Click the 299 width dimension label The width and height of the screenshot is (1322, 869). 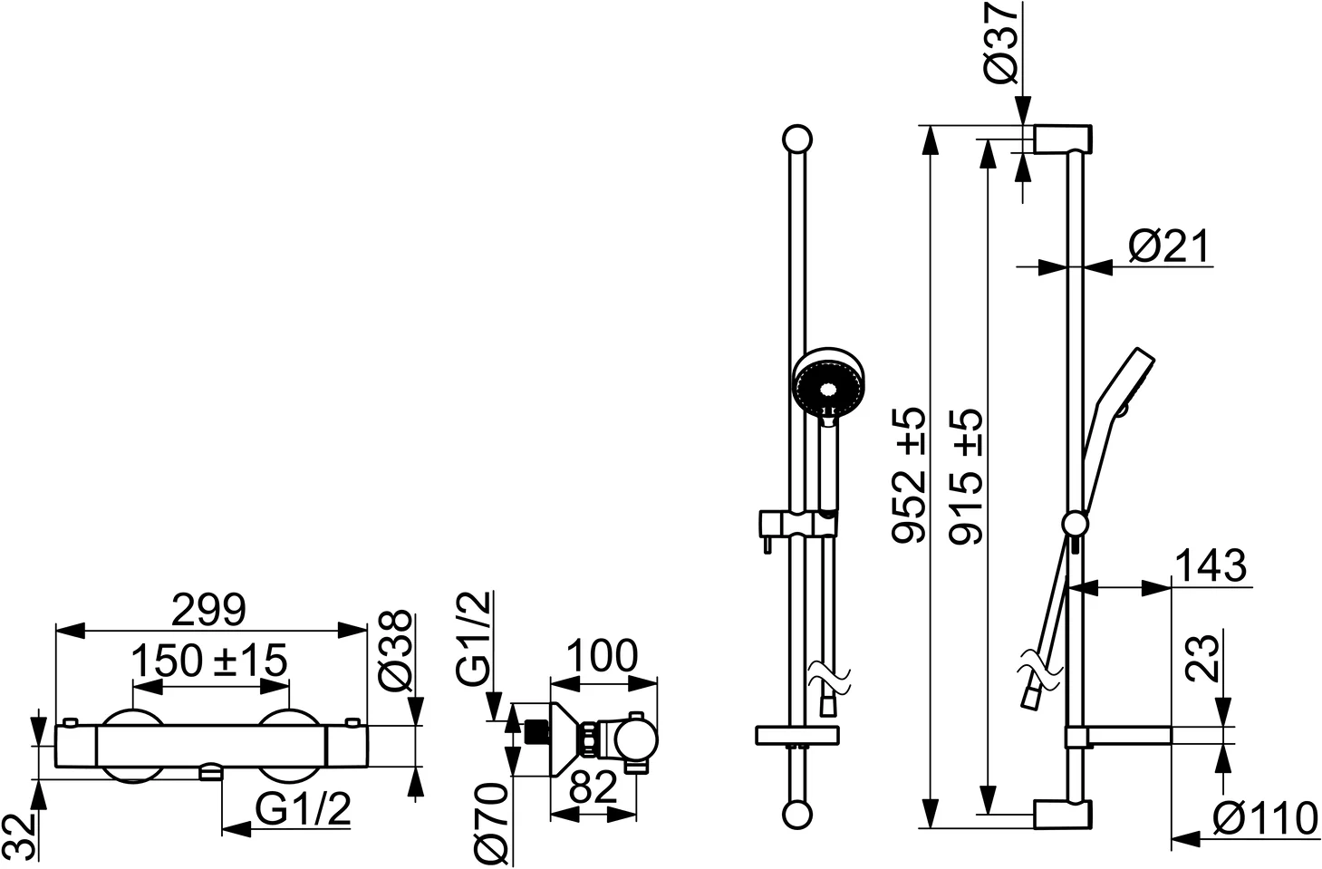coord(208,610)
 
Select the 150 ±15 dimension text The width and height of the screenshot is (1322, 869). coord(209,661)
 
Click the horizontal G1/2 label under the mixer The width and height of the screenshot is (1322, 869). coord(302,809)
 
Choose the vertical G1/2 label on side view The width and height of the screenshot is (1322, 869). coord(474,637)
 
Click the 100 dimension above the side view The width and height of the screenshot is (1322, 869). coord(602,656)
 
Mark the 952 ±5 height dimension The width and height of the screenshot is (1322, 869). coord(911,476)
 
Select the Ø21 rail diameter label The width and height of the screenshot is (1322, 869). coord(1168,246)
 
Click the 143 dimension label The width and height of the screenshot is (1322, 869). coord(1210,566)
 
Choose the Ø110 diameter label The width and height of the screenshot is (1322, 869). coord(1265,819)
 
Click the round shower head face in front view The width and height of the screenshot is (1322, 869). coord(828,384)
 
